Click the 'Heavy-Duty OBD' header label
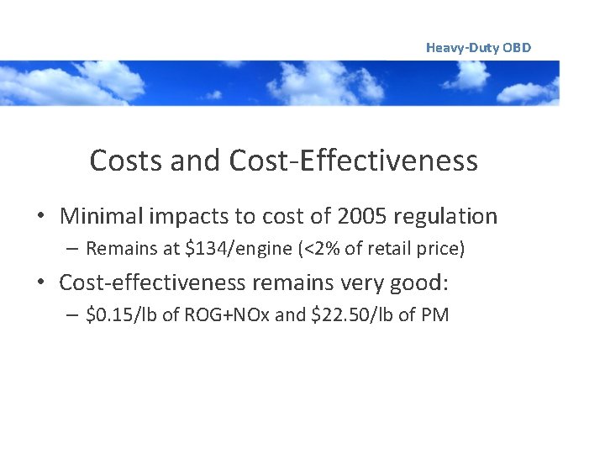pos(478,48)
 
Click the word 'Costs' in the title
pos(126,160)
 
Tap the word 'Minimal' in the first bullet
pos(101,216)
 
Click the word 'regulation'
pos(450,217)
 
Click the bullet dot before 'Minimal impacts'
pos(40,217)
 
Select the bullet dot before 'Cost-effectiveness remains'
pos(40,283)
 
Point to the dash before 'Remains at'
pos(73,250)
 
